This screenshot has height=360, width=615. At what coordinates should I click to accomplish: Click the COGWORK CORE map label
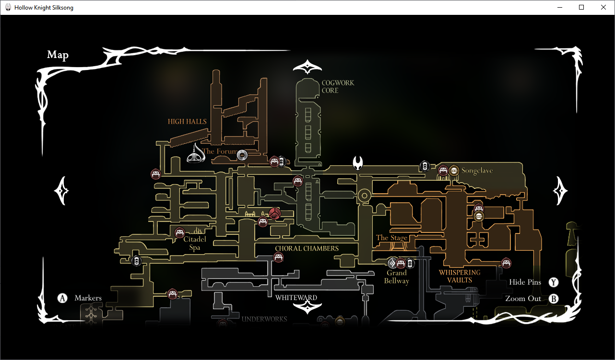[x=338, y=86]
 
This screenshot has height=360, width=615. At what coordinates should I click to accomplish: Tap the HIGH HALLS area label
[x=187, y=121]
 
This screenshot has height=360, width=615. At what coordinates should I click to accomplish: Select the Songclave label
[x=477, y=171]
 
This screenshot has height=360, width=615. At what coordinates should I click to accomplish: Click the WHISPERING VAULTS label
[x=459, y=276]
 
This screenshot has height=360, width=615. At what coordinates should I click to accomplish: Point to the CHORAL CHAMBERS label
[x=307, y=248]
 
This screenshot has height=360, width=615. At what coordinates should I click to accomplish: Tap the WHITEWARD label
[x=296, y=298]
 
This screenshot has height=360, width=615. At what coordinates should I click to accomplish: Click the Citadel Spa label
[x=195, y=243]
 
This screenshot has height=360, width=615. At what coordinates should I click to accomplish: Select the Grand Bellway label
[x=397, y=277]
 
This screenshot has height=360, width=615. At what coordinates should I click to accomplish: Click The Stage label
[x=391, y=238]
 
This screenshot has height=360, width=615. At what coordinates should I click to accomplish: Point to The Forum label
[x=220, y=151]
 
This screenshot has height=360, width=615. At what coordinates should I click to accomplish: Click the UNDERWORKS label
[x=264, y=319]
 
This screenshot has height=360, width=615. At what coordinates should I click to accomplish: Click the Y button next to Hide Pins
[x=554, y=282]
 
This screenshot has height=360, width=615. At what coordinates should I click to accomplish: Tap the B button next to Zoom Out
[x=554, y=299]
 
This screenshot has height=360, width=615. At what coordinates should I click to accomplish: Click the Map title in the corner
[x=58, y=55]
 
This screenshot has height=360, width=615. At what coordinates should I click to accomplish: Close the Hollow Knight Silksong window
[x=603, y=7]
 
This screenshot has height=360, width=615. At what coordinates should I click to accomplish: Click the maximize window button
[x=581, y=7]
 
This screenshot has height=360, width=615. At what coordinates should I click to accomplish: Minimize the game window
[x=559, y=7]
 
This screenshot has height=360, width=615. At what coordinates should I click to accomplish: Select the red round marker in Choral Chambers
[x=274, y=214]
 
